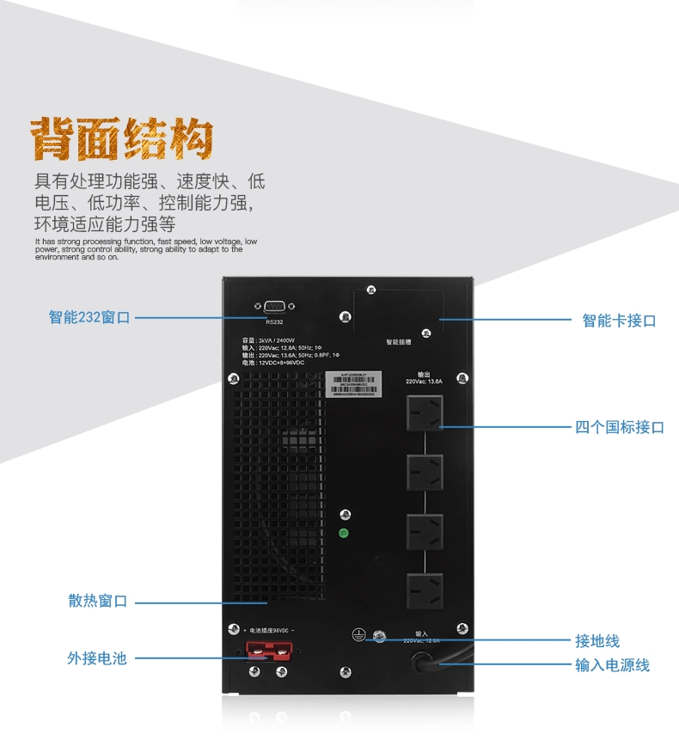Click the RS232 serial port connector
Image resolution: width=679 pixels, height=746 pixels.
coord(274,307)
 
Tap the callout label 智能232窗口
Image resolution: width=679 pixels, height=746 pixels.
coord(89,317)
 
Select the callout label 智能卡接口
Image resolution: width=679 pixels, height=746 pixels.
coord(619,321)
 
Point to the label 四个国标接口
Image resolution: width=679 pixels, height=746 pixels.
coord(619,427)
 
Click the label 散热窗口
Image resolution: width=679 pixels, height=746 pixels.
coord(98,601)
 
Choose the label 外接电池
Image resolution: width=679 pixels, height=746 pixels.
coord(97,658)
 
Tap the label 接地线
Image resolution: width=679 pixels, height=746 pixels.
coord(597,641)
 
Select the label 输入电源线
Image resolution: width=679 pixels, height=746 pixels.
coord(612,665)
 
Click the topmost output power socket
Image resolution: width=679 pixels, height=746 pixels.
coord(425,413)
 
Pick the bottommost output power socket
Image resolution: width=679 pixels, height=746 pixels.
coord(425,591)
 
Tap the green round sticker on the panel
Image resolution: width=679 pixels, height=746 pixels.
coord(344,533)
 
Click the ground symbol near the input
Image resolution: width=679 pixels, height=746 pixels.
coord(359,636)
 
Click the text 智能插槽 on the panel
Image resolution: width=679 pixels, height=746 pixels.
coord(398,341)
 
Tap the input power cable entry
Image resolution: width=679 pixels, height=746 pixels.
coord(424,662)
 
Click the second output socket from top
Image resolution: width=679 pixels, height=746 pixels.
coord(425,472)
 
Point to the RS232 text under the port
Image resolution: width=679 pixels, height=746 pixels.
coord(273,323)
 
